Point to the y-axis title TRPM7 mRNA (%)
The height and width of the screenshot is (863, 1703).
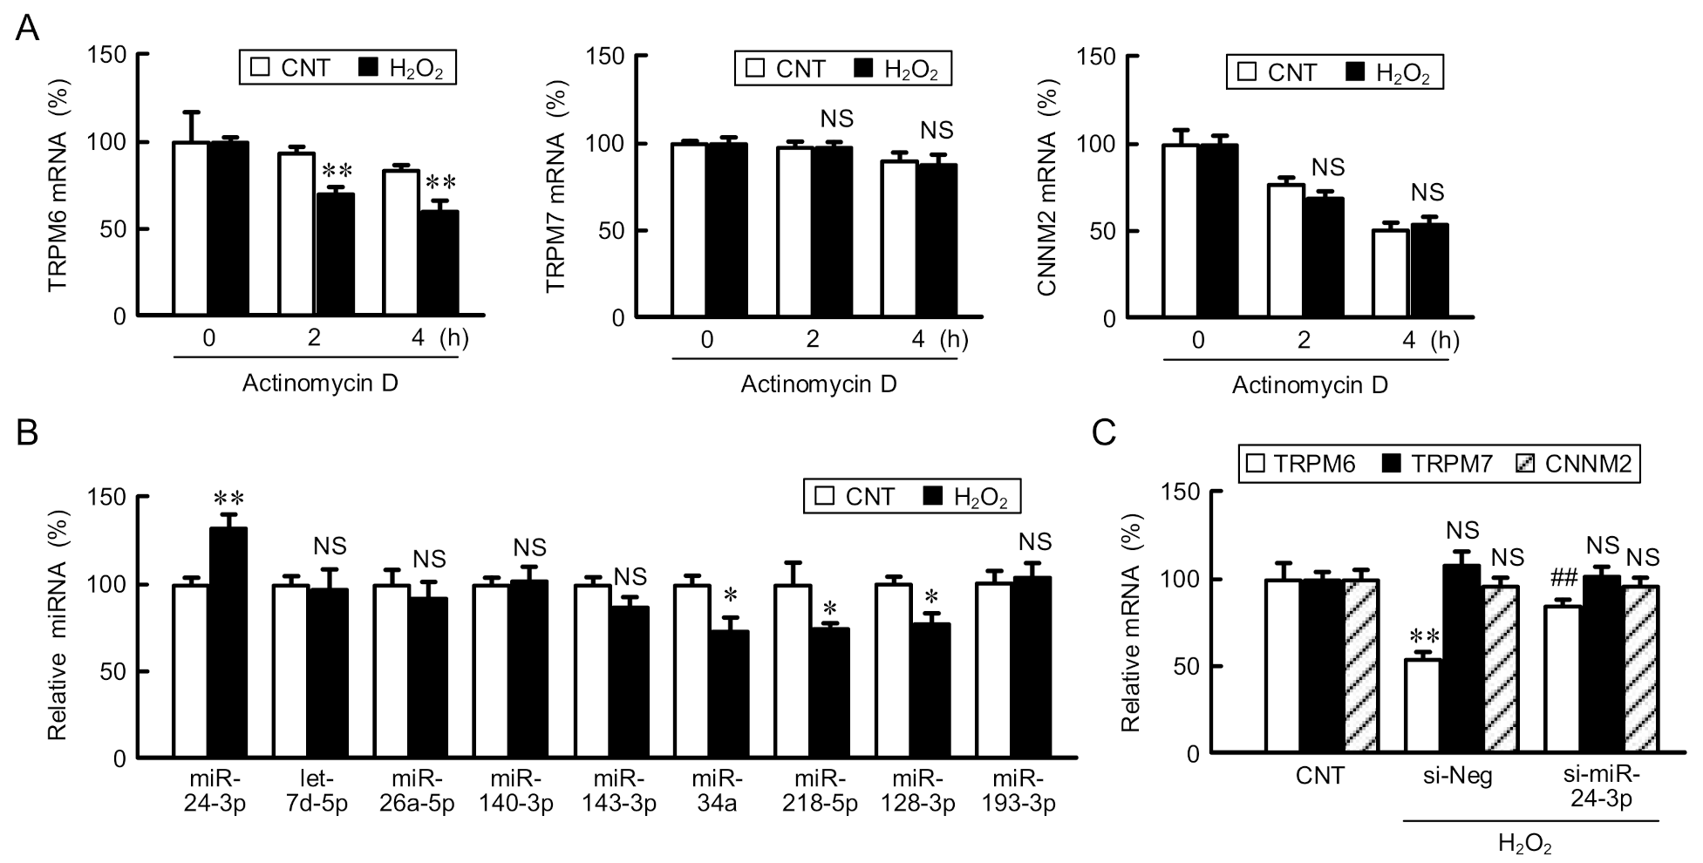[x=555, y=186]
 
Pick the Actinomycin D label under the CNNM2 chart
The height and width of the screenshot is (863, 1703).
[x=1309, y=384]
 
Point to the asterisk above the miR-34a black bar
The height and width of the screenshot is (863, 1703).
[x=731, y=596]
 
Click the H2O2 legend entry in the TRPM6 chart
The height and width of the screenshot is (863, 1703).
[x=406, y=69]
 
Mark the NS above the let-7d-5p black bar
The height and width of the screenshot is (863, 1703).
[x=330, y=547]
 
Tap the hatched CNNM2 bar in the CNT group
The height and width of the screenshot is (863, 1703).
[x=1360, y=666]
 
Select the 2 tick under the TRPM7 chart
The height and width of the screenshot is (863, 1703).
[x=812, y=339]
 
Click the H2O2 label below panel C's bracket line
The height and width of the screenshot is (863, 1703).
[x=1524, y=844]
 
